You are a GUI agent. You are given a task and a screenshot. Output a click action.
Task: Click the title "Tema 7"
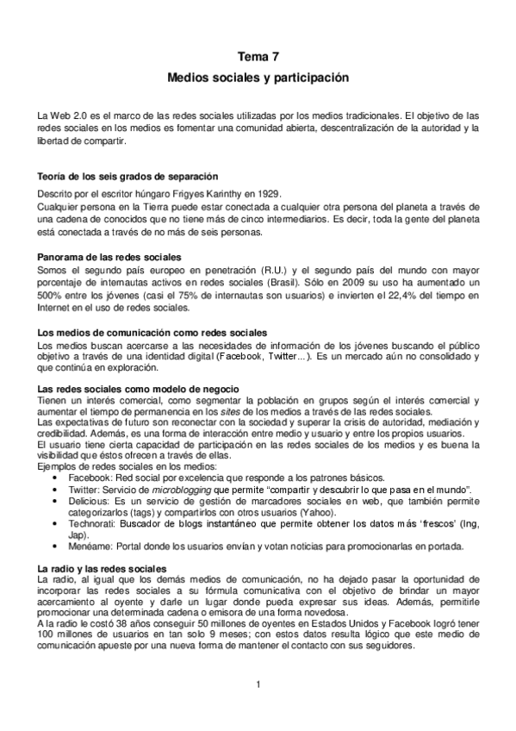coord(258,56)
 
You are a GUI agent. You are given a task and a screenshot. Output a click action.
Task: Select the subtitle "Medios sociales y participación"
coord(258,78)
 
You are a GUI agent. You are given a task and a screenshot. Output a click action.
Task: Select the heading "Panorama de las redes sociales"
coord(109,258)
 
